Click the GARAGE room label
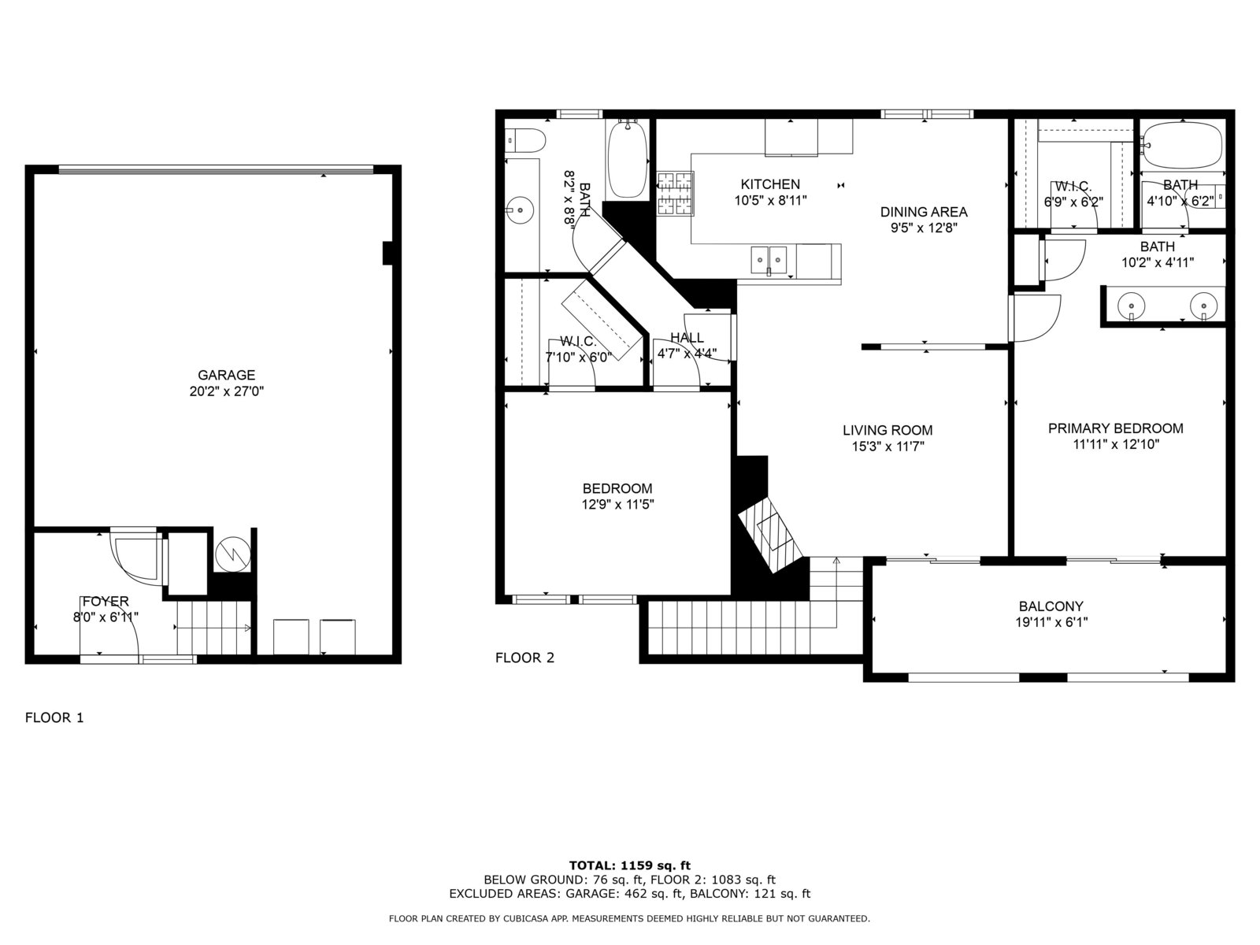[x=226, y=376]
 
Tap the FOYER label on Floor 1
[x=106, y=602]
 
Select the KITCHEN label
[x=769, y=184]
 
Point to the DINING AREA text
[x=924, y=212]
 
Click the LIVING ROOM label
[x=888, y=430]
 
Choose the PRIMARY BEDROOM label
[x=1115, y=428]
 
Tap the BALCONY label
[x=1051, y=606]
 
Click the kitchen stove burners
[x=675, y=194]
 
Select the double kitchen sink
[x=769, y=260]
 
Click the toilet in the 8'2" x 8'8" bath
[x=524, y=141]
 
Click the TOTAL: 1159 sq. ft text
[x=630, y=865]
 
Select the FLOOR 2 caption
[x=524, y=658]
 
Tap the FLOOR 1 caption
[x=54, y=717]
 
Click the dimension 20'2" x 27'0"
[x=227, y=391]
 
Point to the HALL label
[x=687, y=337]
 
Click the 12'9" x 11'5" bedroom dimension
[x=617, y=504]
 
